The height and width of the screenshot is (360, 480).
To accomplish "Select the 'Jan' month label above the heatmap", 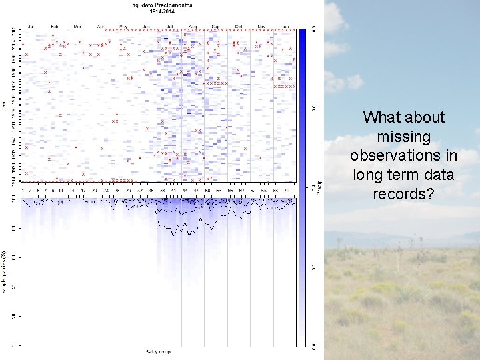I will click(x=31, y=27).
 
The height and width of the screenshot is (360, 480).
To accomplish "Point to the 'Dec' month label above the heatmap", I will click(x=285, y=27).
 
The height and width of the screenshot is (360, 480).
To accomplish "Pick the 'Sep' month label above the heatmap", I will click(x=216, y=27).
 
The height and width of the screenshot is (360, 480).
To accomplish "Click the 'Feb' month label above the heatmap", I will click(x=54, y=27).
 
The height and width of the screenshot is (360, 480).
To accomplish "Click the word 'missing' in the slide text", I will click(x=403, y=137).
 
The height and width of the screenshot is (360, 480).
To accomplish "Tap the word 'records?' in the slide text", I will click(x=403, y=194).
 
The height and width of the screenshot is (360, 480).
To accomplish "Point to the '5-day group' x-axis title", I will click(x=159, y=351).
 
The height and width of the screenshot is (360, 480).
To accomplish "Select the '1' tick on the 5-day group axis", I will click(x=23, y=191).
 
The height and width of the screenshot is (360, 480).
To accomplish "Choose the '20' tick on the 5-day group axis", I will click(x=95, y=191).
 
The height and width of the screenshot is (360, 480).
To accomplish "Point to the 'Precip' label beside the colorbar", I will click(x=318, y=189).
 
